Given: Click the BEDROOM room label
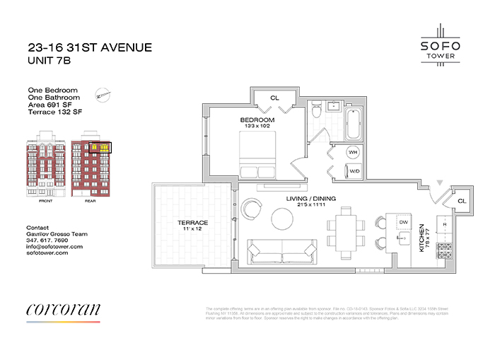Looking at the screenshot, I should (257, 120).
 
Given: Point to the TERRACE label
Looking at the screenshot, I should (192, 223).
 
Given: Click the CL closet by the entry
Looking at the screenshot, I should (460, 201).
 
